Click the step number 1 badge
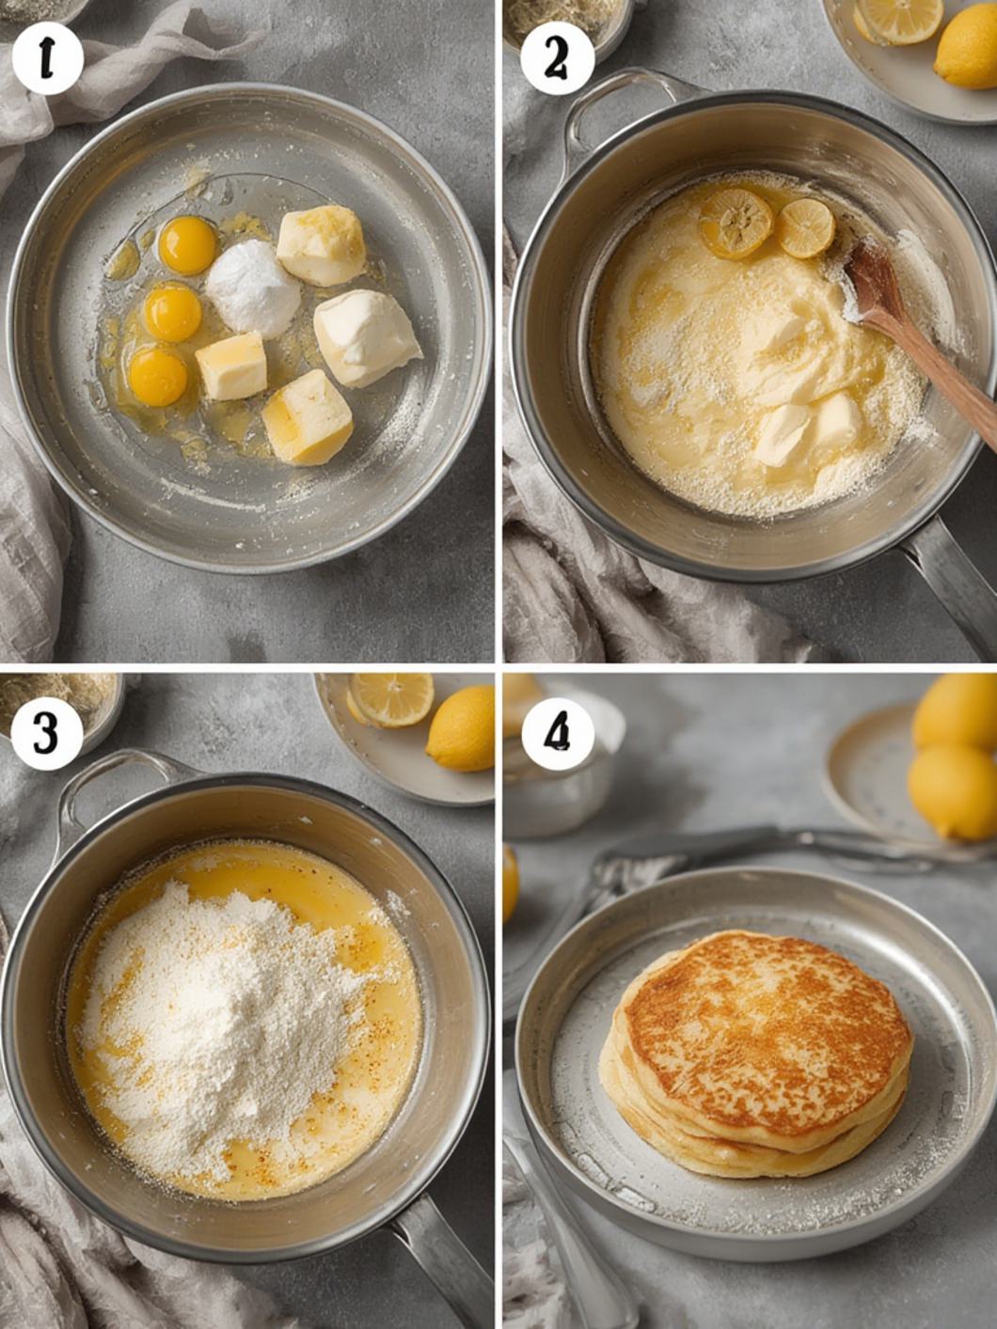click(47, 59)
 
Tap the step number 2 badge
click(557, 59)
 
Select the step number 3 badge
click(47, 734)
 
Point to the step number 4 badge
click(557, 734)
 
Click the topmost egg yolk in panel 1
click(188, 246)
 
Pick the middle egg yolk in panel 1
click(173, 313)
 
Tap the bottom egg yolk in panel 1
click(158, 377)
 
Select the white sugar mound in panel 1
click(253, 288)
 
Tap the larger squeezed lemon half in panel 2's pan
click(736, 224)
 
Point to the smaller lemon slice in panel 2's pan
click(806, 227)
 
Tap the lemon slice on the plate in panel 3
click(391, 699)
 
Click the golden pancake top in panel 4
click(768, 1026)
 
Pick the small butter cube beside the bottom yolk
click(231, 367)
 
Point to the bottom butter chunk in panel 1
click(308, 417)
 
